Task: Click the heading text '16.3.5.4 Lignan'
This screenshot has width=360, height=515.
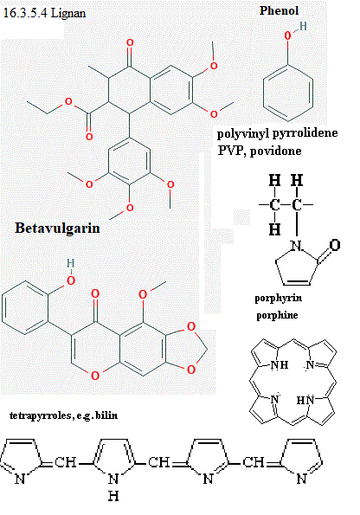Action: point(44,13)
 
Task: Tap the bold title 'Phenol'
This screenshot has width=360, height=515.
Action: point(279,10)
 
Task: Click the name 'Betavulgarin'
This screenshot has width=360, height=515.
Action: point(57,228)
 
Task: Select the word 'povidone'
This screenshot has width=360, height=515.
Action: point(275,151)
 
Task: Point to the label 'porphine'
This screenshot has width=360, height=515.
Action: point(277,315)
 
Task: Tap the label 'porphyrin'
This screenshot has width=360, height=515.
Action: point(278,299)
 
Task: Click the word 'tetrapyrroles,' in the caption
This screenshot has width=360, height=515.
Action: point(41,415)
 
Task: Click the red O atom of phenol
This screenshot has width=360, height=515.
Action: point(287,35)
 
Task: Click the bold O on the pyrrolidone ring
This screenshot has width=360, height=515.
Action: point(334,245)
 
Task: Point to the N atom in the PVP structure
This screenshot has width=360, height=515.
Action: point(297,245)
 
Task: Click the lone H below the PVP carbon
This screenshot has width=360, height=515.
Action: point(274,229)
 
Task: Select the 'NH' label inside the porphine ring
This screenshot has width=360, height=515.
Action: point(280,364)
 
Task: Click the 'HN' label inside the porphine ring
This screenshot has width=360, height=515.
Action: point(305,401)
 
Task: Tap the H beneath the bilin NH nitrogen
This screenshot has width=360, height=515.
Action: point(113,496)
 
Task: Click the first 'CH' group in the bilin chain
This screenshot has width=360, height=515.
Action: point(66,462)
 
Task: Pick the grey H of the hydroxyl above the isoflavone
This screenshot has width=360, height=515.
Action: point(71,263)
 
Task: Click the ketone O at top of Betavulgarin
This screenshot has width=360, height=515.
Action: point(130,42)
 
